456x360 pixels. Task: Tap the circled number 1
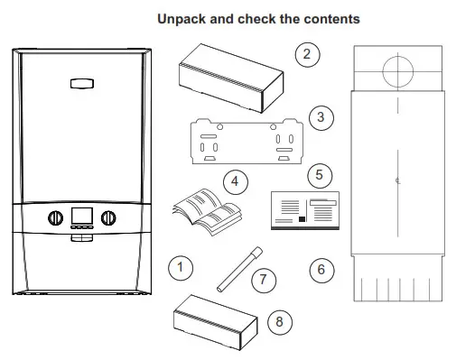[x=181, y=266]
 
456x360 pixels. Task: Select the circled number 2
[x=308, y=55]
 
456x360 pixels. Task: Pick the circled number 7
[x=263, y=279]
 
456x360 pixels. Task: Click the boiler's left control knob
[x=52, y=218]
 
